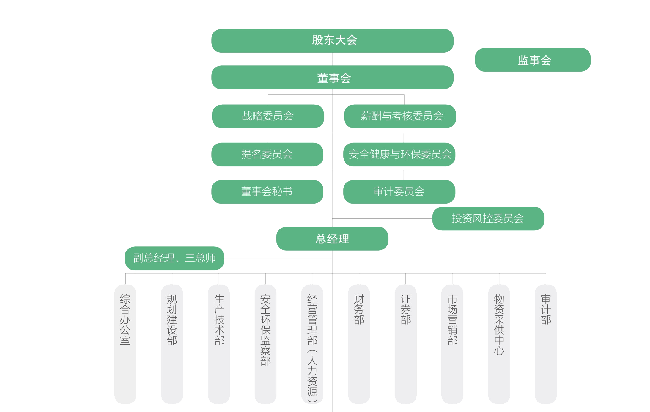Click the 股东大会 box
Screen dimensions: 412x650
[x=332, y=41]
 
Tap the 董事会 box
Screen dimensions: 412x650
[x=332, y=78]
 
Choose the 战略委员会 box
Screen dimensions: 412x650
[x=268, y=116]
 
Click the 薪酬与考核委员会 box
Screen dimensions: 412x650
[x=400, y=116]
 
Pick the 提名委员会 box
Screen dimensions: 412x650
[x=267, y=154]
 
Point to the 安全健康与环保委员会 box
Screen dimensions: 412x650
[x=399, y=154]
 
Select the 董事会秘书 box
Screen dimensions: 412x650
[x=267, y=192]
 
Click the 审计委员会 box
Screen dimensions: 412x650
[x=399, y=192]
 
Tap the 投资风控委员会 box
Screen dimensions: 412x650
[x=488, y=219]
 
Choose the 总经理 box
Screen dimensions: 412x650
[x=332, y=239]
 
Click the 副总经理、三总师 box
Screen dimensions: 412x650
[x=174, y=258]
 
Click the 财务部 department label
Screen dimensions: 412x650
[x=359, y=309]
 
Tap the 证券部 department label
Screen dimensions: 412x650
[x=405, y=309]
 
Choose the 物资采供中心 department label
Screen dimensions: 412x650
[x=499, y=325]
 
